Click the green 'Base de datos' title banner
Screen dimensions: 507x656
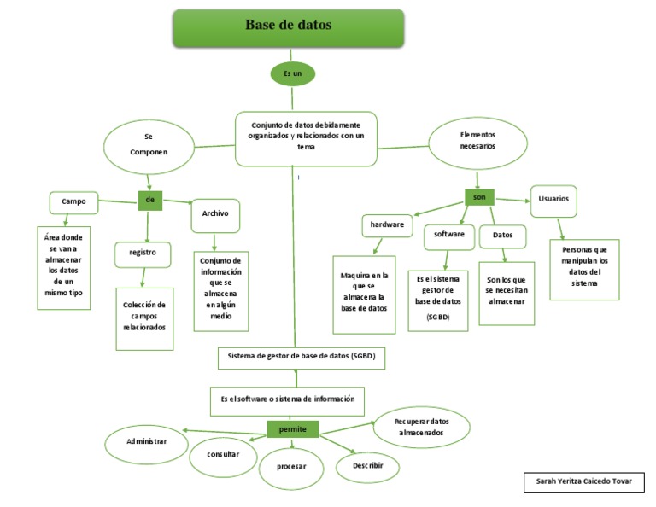pyautogui.click(x=289, y=27)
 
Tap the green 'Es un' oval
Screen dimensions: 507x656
pyautogui.click(x=293, y=74)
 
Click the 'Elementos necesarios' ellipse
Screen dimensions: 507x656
pyautogui.click(x=477, y=141)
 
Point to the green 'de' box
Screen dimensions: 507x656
pyautogui.click(x=149, y=200)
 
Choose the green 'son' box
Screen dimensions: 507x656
pyautogui.click(x=479, y=196)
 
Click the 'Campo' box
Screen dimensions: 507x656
pyautogui.click(x=73, y=202)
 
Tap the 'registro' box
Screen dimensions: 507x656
pyautogui.click(x=143, y=253)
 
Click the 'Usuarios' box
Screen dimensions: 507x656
pyautogui.click(x=553, y=199)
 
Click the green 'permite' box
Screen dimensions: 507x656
pyautogui.click(x=292, y=429)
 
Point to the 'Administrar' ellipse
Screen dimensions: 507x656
pyautogui.click(x=146, y=441)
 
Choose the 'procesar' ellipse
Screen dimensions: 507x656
pyautogui.click(x=292, y=467)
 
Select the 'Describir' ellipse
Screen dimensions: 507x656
pyautogui.click(x=367, y=466)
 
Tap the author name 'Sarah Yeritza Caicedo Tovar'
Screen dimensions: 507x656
pyautogui.click(x=583, y=481)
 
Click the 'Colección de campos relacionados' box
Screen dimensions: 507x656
pyautogui.click(x=144, y=317)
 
